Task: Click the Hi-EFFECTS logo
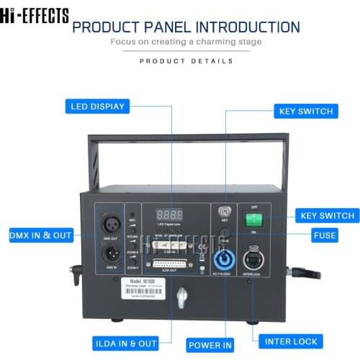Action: click(x=35, y=15)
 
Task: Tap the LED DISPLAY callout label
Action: click(x=98, y=107)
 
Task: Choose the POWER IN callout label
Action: click(x=210, y=345)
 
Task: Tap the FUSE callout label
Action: click(x=324, y=235)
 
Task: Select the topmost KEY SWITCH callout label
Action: click(x=305, y=112)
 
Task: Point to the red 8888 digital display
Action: click(x=168, y=214)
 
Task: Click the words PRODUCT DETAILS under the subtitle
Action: click(x=186, y=61)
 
